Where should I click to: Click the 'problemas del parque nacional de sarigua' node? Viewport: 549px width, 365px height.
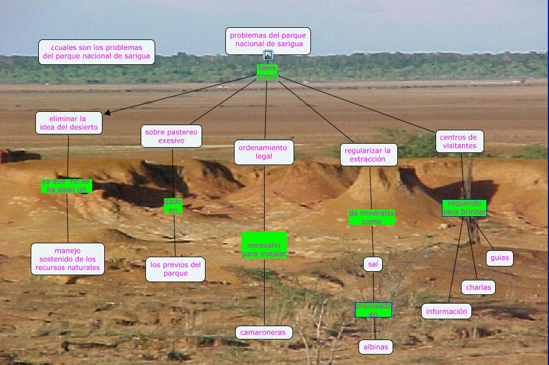(x=268, y=41)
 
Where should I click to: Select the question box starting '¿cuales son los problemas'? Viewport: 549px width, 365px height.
(x=97, y=52)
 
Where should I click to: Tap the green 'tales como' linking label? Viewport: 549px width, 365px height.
(x=268, y=72)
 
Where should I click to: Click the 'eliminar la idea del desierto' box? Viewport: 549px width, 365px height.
(x=69, y=123)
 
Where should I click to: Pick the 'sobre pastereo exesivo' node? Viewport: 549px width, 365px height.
(x=171, y=136)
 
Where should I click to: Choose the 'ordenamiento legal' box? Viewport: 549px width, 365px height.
(x=263, y=152)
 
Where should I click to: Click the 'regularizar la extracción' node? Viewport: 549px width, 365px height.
(x=369, y=155)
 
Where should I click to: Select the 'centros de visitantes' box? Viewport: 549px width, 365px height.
(x=459, y=141)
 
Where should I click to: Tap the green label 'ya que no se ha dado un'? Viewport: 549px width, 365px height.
(x=66, y=185)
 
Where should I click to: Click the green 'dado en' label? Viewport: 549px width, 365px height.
(x=173, y=206)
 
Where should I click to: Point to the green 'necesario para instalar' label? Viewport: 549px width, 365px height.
(x=264, y=246)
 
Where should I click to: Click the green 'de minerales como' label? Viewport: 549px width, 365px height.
(x=371, y=217)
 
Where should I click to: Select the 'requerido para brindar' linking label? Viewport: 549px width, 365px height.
(x=464, y=208)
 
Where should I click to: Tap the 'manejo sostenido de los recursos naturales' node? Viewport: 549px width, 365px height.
(x=68, y=259)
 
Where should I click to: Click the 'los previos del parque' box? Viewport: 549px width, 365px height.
(x=175, y=269)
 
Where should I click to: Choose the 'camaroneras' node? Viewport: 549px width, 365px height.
(x=264, y=333)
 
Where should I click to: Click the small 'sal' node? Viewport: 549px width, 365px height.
(x=373, y=264)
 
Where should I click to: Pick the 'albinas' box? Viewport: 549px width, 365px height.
(x=375, y=347)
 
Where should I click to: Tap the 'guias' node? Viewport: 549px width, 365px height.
(x=499, y=258)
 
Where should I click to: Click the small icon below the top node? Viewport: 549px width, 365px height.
(x=268, y=56)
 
